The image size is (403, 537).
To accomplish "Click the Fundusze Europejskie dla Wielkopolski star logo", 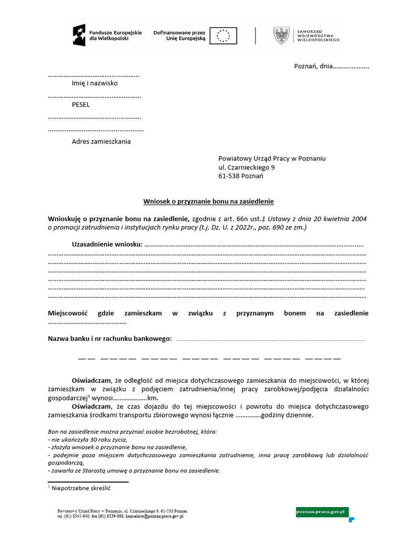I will (79, 35).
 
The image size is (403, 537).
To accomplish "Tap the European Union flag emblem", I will (224, 36).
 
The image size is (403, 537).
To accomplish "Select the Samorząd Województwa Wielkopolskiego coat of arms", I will (281, 36).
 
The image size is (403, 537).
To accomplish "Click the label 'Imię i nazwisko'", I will (94, 83).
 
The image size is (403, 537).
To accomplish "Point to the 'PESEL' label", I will (81, 104).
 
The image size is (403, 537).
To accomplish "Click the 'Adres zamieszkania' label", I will (101, 141).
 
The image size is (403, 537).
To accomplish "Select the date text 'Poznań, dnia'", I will (313, 67).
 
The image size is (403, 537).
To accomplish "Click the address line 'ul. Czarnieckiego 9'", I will (246, 167).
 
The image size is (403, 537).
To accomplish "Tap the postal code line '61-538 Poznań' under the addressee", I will (241, 176).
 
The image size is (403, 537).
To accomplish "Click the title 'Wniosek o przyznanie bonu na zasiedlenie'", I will (209, 201).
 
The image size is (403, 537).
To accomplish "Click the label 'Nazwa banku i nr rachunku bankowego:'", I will (110, 339).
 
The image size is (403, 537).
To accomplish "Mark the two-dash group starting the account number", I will (86, 359).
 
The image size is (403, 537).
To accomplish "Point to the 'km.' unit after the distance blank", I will (153, 398).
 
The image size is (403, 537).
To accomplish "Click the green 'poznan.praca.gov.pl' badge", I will (322, 510).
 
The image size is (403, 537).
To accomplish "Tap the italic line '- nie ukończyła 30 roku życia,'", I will (87, 439).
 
